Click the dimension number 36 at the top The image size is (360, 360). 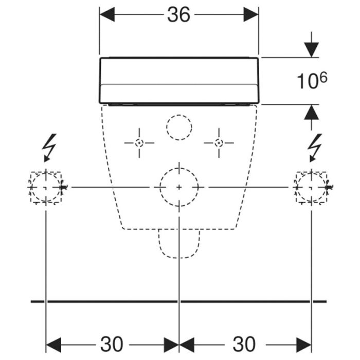point(178,15)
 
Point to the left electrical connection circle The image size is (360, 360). point(46,187)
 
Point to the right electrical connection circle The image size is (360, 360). point(311,187)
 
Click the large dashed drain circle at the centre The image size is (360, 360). point(178,187)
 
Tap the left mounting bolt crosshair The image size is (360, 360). point(139,142)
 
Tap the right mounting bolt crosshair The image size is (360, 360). point(219,142)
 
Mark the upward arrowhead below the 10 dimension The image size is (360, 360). point(311,112)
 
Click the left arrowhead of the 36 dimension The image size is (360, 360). point(106,15)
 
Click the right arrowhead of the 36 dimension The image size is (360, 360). point(252,15)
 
